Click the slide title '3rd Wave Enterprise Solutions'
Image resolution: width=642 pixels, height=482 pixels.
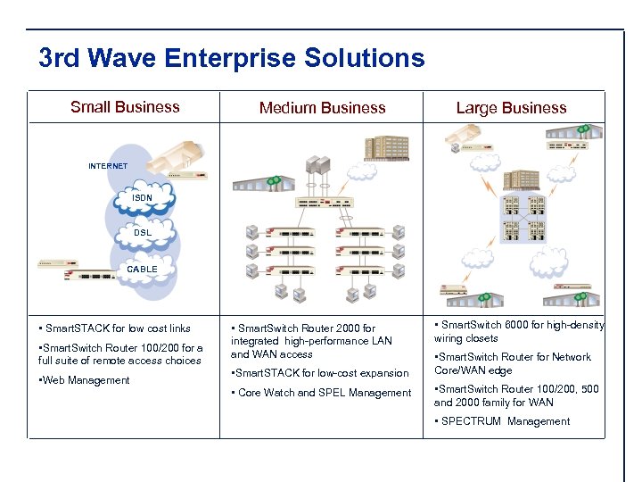(232, 59)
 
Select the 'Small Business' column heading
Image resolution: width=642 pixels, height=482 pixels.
(125, 107)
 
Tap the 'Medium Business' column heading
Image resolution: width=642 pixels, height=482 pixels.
(322, 108)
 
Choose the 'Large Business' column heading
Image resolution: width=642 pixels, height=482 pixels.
(511, 108)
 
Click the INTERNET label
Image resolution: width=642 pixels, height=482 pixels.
(108, 166)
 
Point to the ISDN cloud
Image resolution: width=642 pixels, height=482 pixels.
(143, 197)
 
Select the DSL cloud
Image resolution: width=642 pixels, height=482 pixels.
(143, 232)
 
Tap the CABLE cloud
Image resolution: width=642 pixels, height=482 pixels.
(142, 269)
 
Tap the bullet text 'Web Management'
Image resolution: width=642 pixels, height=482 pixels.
(86, 380)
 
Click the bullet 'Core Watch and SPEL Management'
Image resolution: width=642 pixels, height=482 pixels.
(323, 393)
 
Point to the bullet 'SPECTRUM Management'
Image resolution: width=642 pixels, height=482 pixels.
(504, 421)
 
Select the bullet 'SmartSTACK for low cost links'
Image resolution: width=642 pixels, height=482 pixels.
(116, 328)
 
